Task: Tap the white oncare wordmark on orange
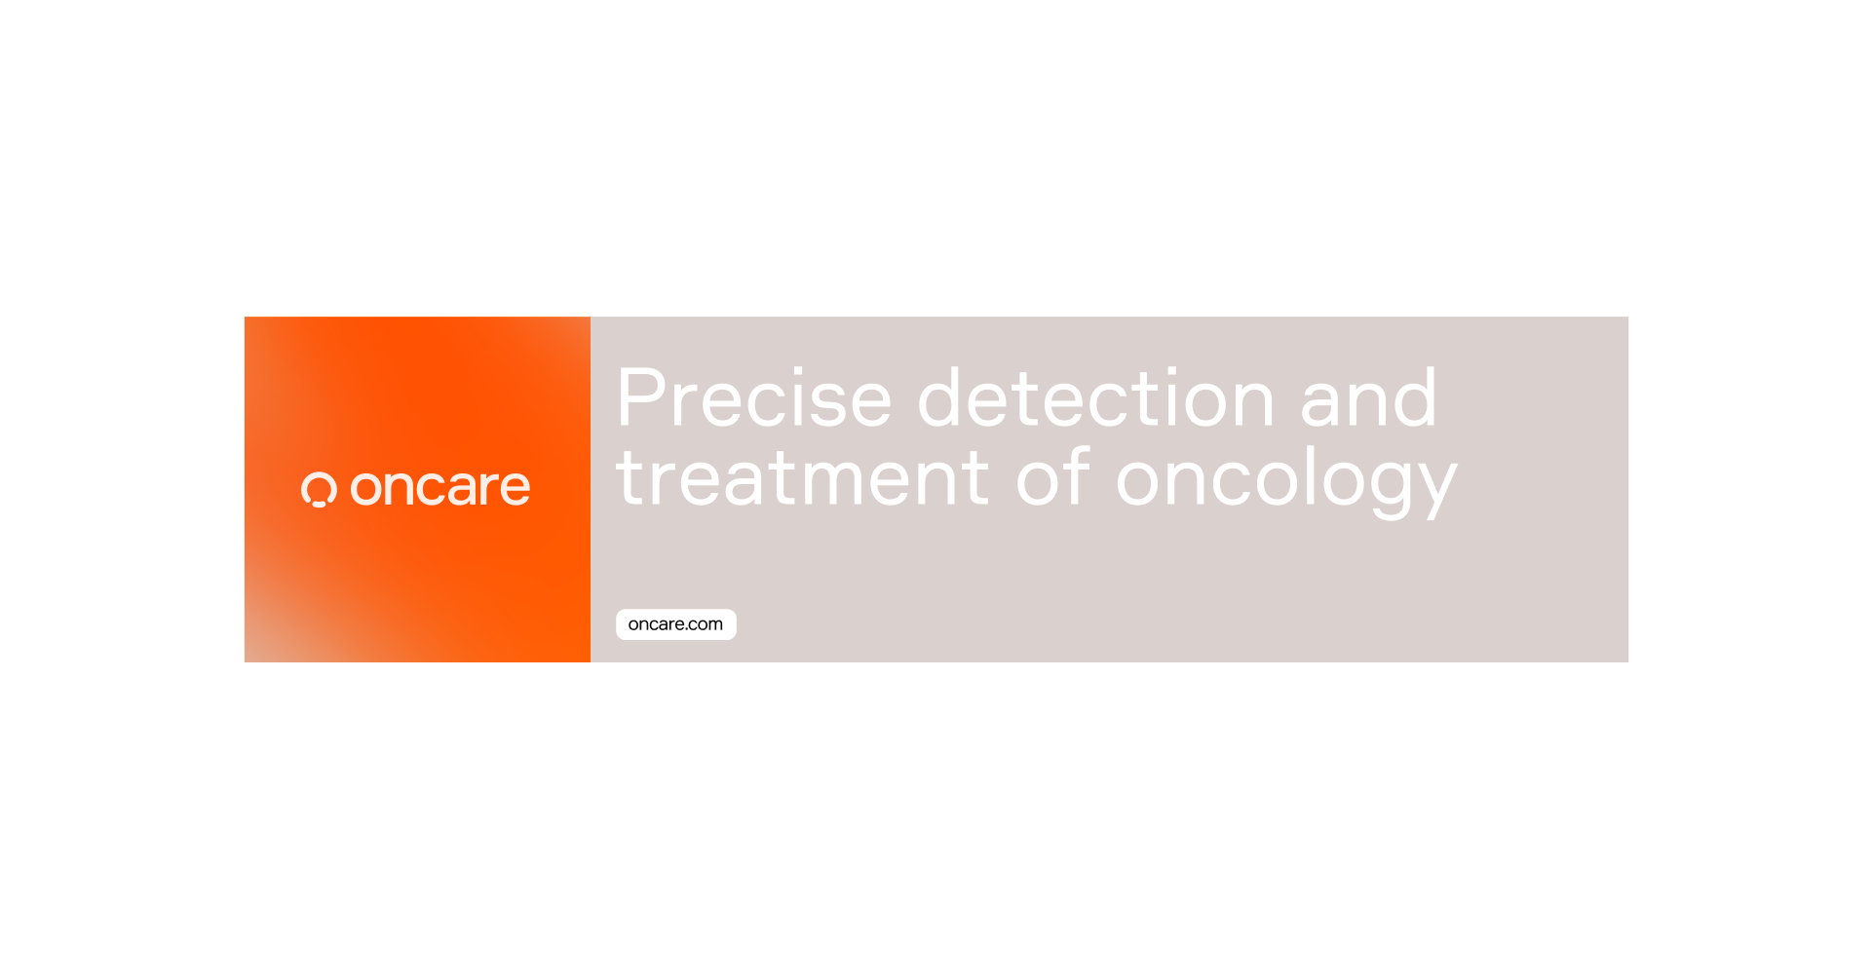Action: (x=440, y=487)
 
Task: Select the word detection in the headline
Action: (x=1096, y=397)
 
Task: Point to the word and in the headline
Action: (x=1369, y=397)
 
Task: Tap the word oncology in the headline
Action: (x=1286, y=480)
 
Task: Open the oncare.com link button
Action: (x=676, y=624)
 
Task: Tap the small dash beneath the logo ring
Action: (x=319, y=505)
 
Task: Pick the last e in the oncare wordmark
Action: (x=513, y=487)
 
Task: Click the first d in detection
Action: (x=944, y=397)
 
